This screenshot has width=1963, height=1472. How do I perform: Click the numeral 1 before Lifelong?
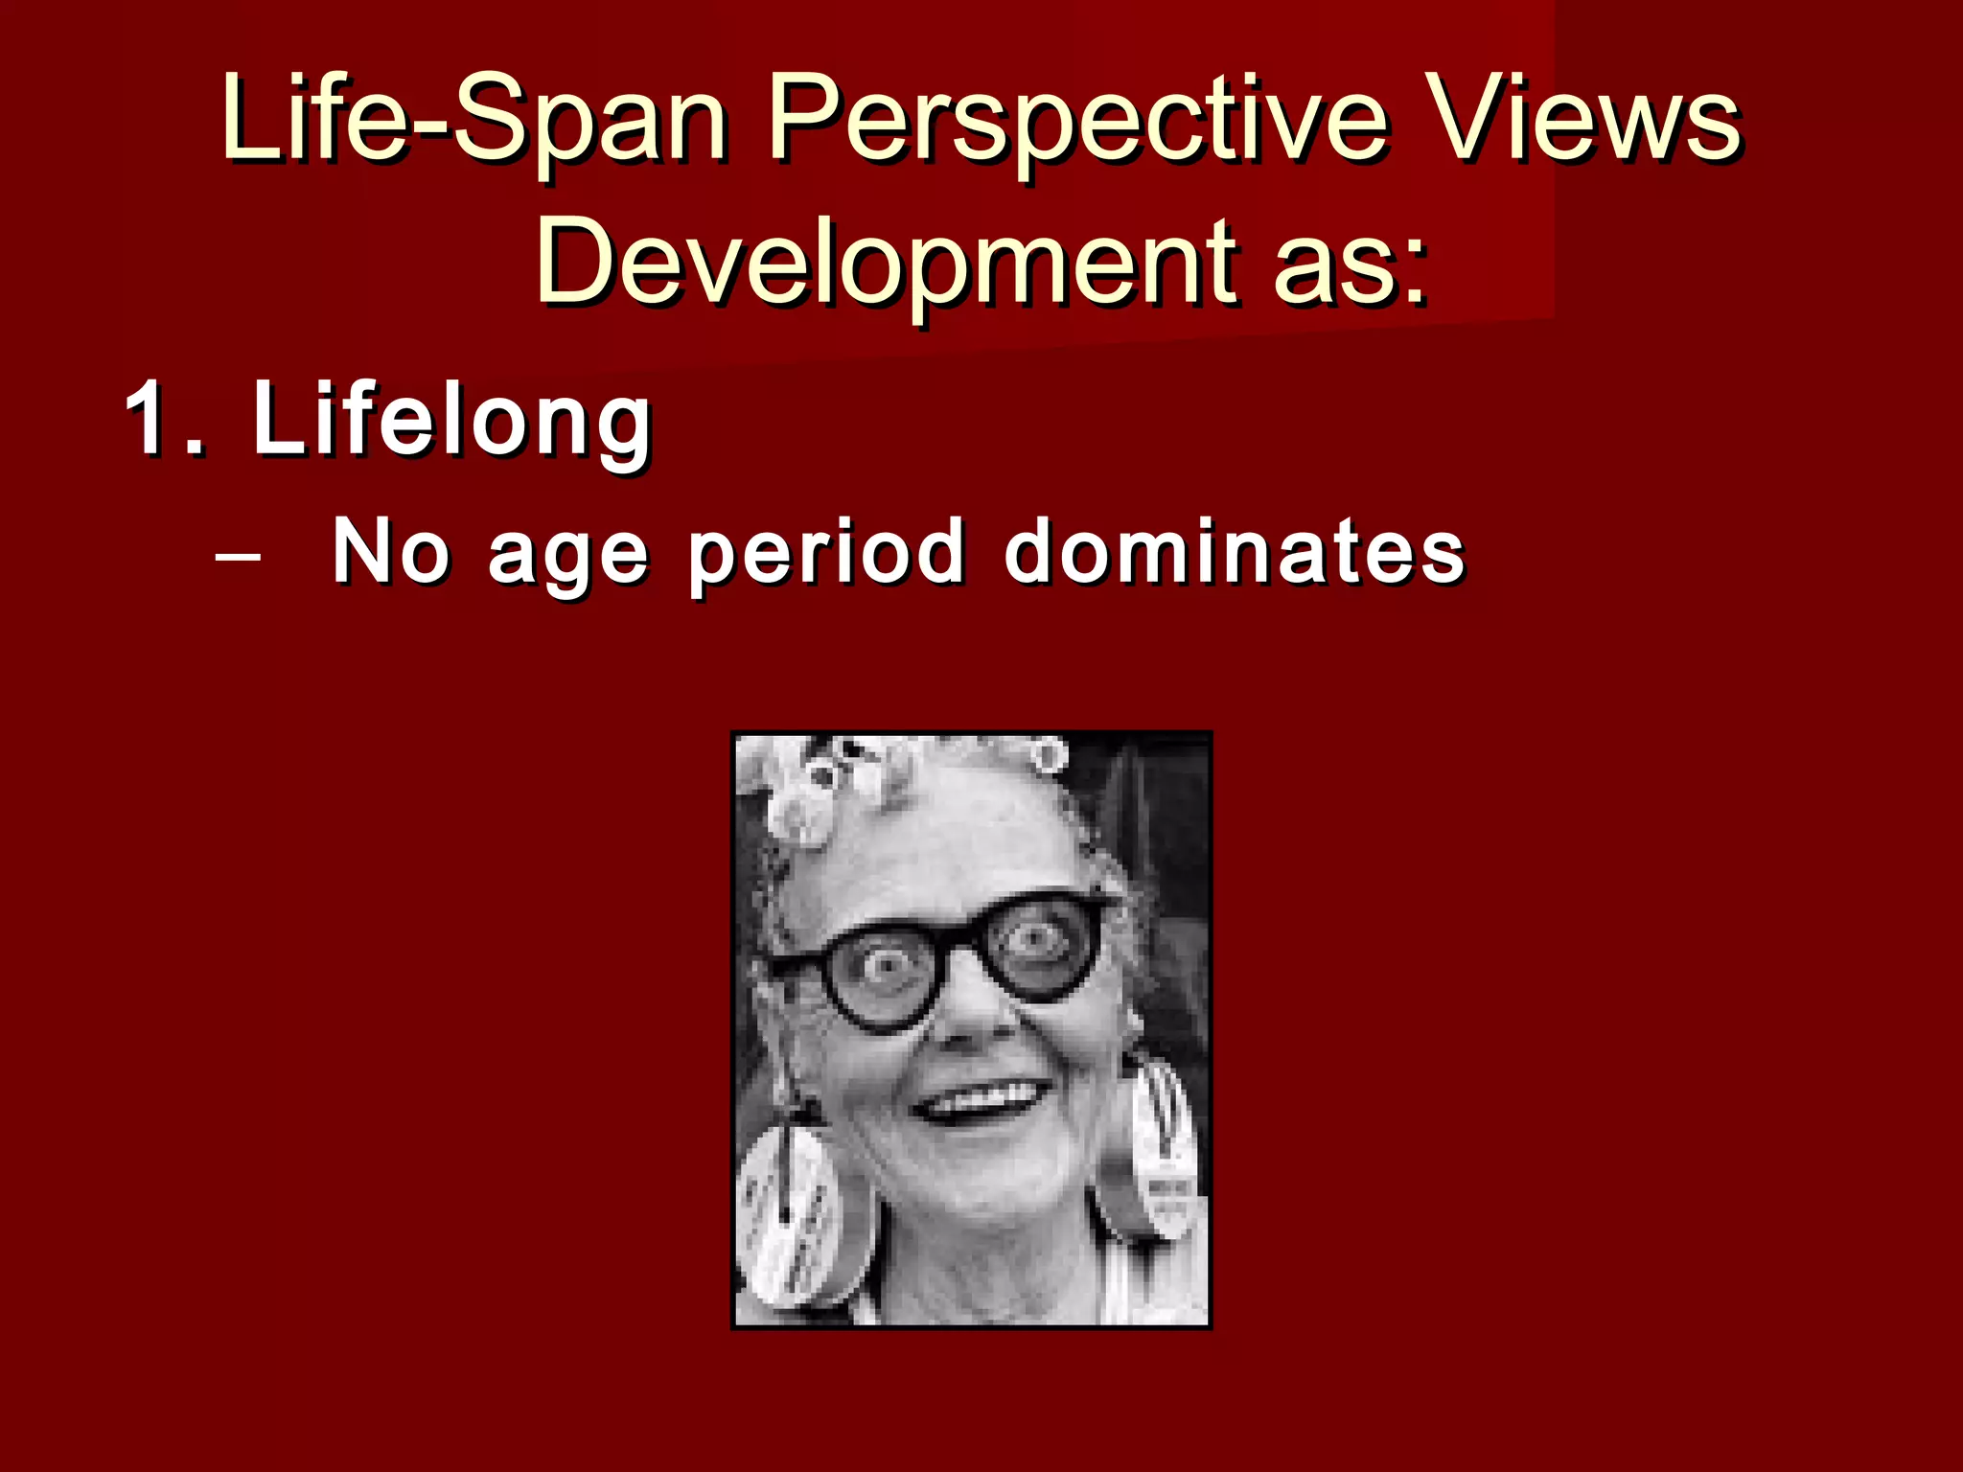click(x=149, y=419)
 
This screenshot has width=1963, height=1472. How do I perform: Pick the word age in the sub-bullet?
click(x=567, y=556)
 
